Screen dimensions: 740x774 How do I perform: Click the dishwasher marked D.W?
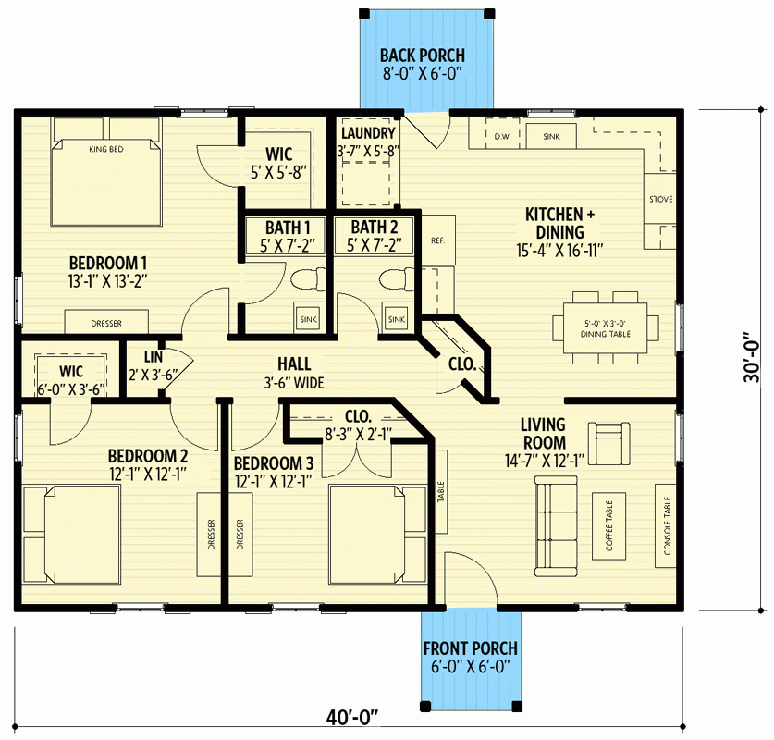pos(502,136)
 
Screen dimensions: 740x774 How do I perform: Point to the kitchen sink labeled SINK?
pos(552,136)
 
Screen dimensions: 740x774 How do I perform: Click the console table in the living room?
pos(666,524)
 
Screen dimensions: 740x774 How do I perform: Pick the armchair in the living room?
pos(609,442)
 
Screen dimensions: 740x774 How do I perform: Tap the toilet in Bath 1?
pos(306,280)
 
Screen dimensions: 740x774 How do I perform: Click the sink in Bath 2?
pos(397,319)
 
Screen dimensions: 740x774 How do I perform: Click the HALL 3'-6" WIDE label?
pos(294,373)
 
